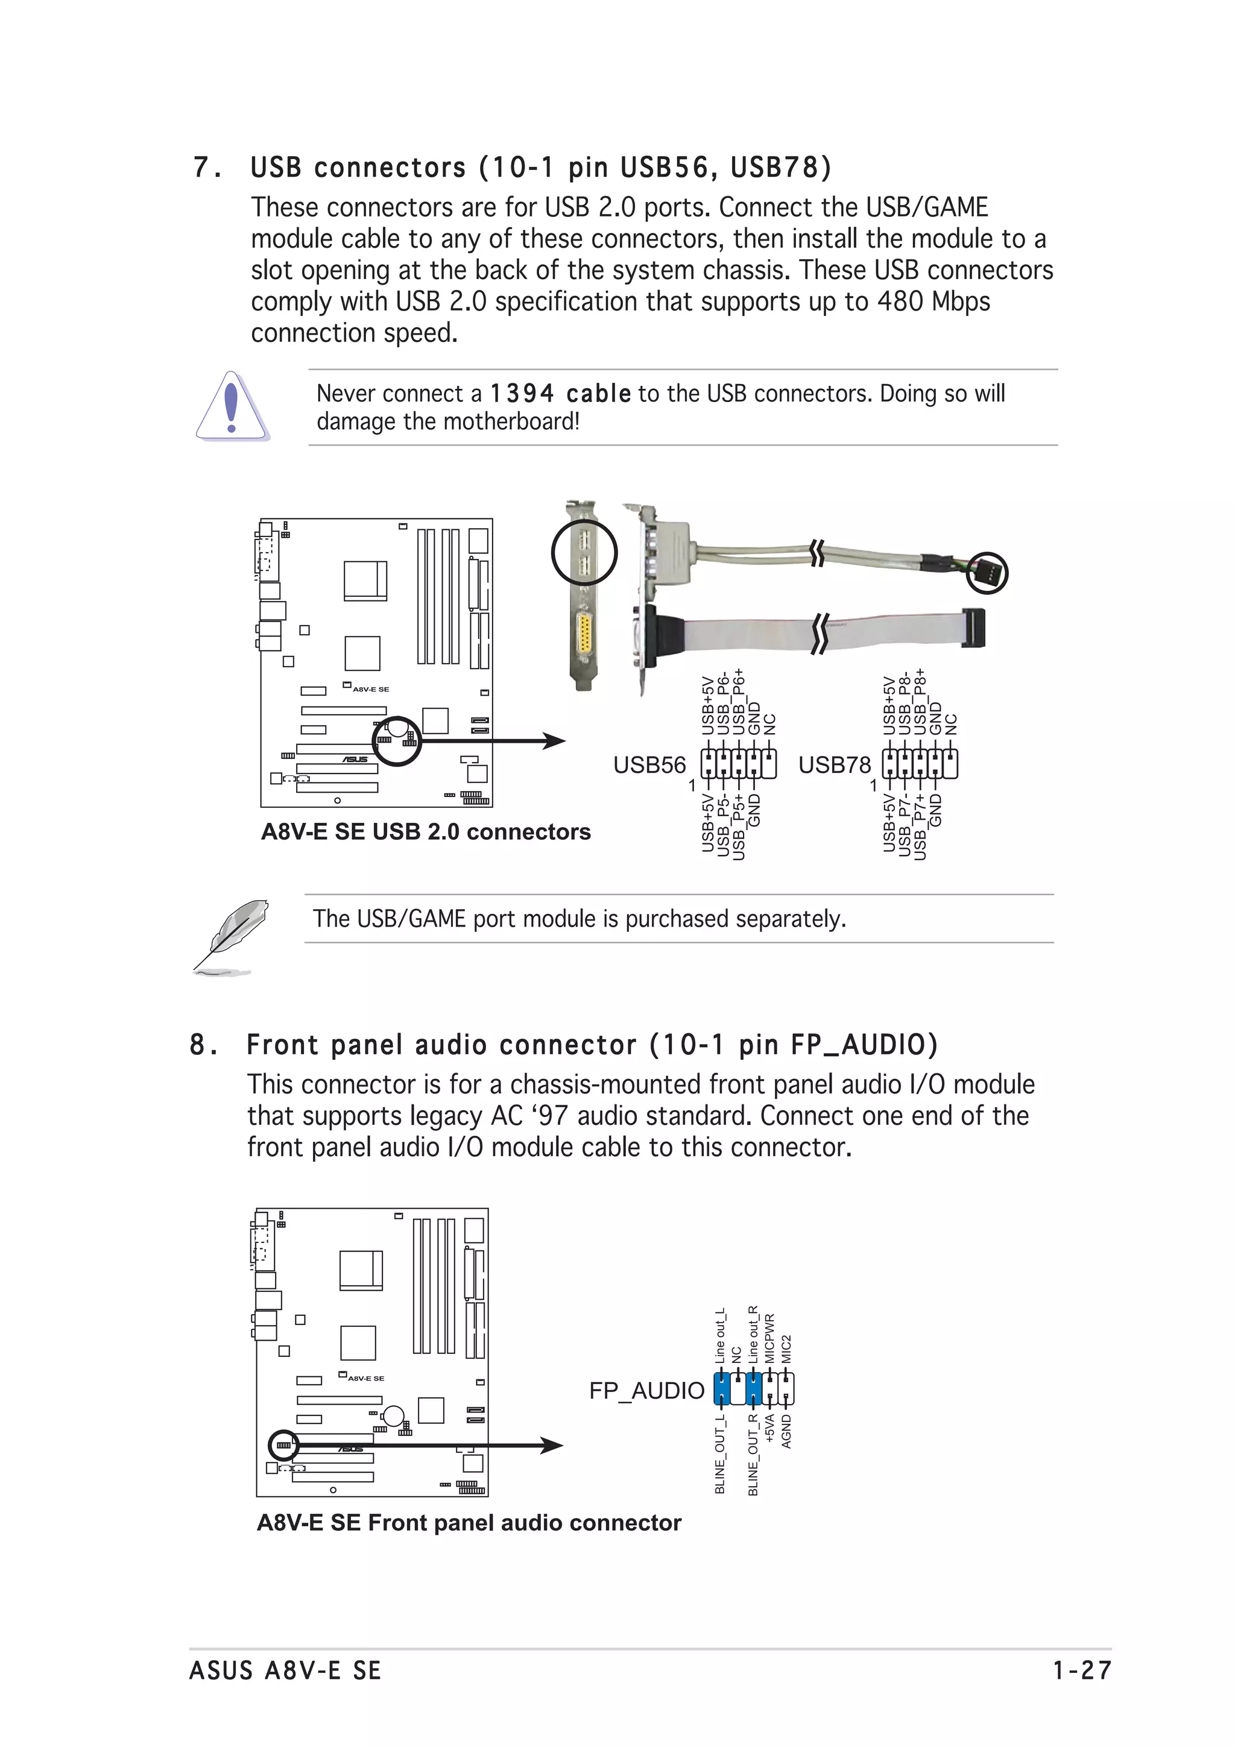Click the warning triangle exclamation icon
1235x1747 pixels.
pyautogui.click(x=232, y=406)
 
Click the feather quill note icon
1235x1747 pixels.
pyautogui.click(x=230, y=935)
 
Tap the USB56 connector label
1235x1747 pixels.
pyautogui.click(x=649, y=765)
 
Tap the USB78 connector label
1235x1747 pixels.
pyautogui.click(x=834, y=765)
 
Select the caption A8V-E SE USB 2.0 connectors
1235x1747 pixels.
pyautogui.click(x=425, y=832)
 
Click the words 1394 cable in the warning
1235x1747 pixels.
pyautogui.click(x=560, y=394)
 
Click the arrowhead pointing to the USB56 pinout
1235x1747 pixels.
pyautogui.click(x=555, y=740)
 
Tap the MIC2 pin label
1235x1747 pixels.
pyautogui.click(x=787, y=1349)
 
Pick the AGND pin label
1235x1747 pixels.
pyautogui.click(x=787, y=1431)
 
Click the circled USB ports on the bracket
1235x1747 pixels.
pyautogui.click(x=584, y=552)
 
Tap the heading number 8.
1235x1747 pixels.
pyautogui.click(x=198, y=1045)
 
